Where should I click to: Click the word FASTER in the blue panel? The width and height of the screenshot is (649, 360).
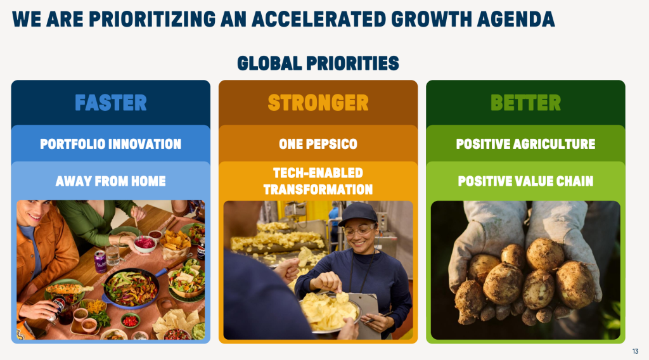pos(111,103)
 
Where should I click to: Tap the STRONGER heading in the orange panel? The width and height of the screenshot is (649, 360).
pos(318,103)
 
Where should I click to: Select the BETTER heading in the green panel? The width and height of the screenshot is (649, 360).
pos(525,103)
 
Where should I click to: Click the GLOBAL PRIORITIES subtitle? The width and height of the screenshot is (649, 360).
pos(318,63)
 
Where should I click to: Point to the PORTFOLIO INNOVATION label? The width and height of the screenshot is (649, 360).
pos(110,144)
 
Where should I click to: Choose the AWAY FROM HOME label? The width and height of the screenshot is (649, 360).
pos(110,181)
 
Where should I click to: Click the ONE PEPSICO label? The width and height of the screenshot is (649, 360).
pos(318,144)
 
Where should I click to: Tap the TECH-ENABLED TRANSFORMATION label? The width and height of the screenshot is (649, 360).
pos(318,181)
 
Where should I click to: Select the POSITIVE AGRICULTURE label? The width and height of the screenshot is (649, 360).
pos(525,144)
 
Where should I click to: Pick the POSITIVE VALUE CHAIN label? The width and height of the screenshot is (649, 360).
pos(525,181)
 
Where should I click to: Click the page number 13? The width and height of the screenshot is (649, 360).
pos(635,351)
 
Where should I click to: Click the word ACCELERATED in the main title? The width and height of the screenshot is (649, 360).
pos(318,19)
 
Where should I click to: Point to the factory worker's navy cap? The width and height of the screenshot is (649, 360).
pos(358,214)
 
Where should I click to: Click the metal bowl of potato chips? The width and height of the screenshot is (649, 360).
pos(330,312)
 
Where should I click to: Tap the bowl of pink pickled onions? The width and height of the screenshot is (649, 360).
pos(145,243)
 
